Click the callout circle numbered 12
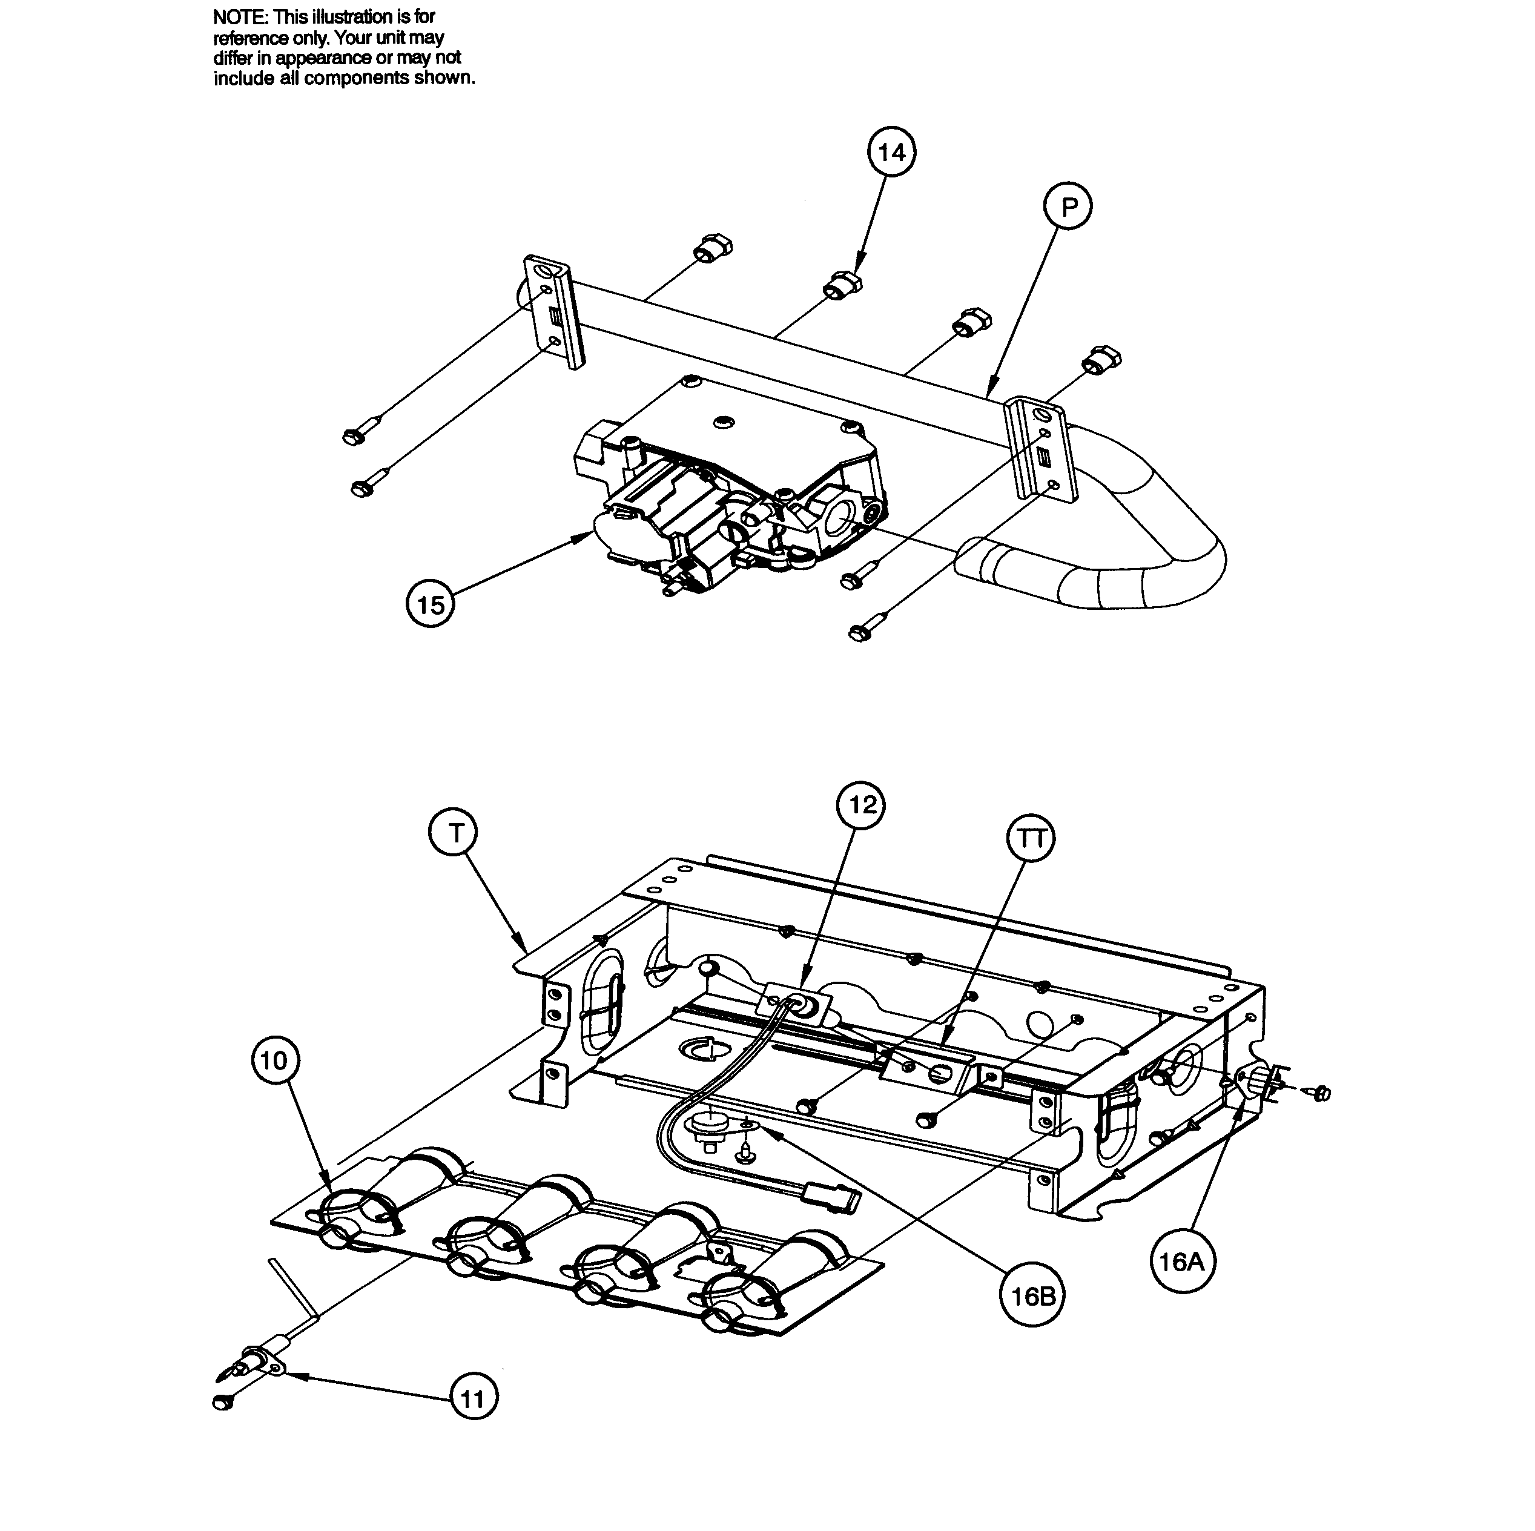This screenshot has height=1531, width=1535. pyautogui.click(x=862, y=805)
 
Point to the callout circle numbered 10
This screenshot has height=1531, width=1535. pyautogui.click(x=274, y=1060)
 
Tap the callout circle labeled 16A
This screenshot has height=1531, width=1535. pyautogui.click(x=1182, y=1261)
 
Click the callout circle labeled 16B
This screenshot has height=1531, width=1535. pyautogui.click(x=1031, y=1297)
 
